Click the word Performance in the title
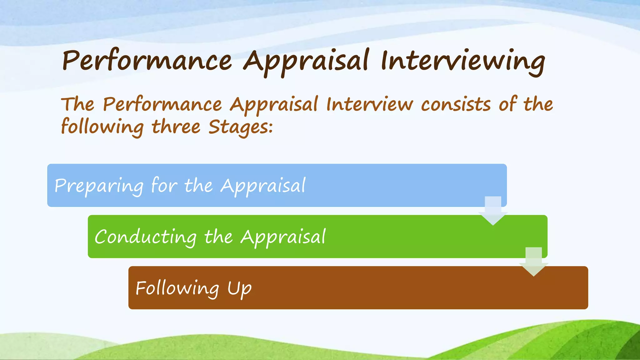coord(147,61)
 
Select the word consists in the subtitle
coord(456,105)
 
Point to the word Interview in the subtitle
coord(369,105)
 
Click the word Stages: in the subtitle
coord(241,127)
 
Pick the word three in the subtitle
coord(176,127)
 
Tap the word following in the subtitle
coord(102,127)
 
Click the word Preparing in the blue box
coord(99,186)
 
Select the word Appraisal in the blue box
coord(263,186)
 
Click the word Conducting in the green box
coord(146,237)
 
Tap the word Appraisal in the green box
coord(283,237)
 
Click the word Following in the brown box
coord(177,288)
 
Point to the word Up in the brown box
coord(239,288)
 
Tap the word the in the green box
coord(218,237)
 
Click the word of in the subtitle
coord(507,105)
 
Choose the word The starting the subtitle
coord(78,105)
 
